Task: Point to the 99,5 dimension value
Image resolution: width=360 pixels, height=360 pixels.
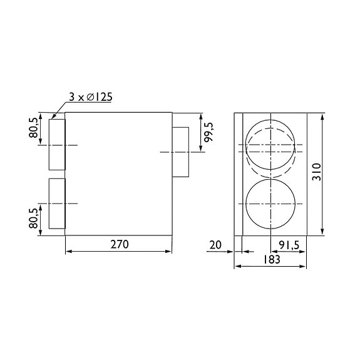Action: point(209,135)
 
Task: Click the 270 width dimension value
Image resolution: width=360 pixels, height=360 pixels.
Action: point(119,245)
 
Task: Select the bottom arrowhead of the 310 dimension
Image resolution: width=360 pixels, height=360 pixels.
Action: point(322,232)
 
